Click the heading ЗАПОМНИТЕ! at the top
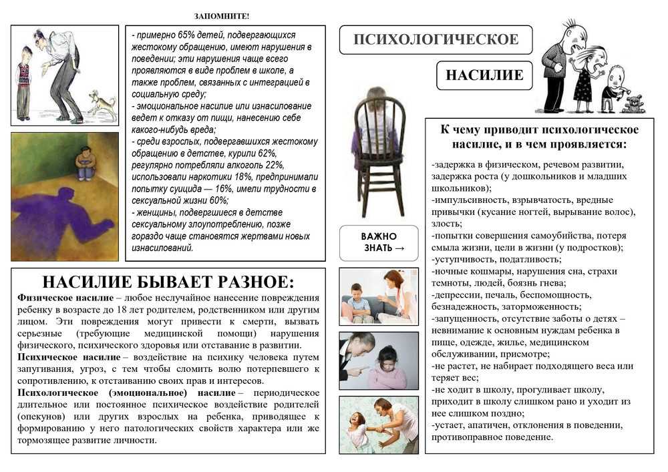pyautogui.click(x=222, y=16)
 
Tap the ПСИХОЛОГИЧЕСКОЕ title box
pyautogui.click(x=436, y=39)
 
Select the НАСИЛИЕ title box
pyautogui.click(x=484, y=75)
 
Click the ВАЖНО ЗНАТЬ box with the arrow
pyautogui.click(x=379, y=242)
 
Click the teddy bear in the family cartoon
pyautogui.click(x=631, y=103)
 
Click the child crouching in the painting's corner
pyautogui.click(x=85, y=164)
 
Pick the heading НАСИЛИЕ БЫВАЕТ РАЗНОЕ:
pyautogui.click(x=168, y=281)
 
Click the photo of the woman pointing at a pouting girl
pyautogui.click(x=378, y=361)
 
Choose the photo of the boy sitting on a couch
pyautogui.click(x=378, y=296)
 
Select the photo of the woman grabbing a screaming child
pyautogui.click(x=378, y=425)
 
